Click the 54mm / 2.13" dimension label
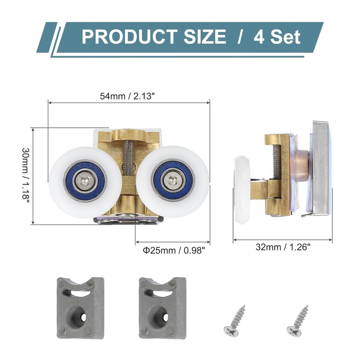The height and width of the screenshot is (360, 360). pos(126,96)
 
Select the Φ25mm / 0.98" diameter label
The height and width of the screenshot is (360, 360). pos(174,250)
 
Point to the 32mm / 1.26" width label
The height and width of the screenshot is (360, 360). pos(283,247)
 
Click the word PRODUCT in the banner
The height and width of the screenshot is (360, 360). pos(129,36)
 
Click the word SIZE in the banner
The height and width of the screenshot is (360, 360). pos(205,36)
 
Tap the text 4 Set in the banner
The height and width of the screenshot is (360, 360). pos(277,37)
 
